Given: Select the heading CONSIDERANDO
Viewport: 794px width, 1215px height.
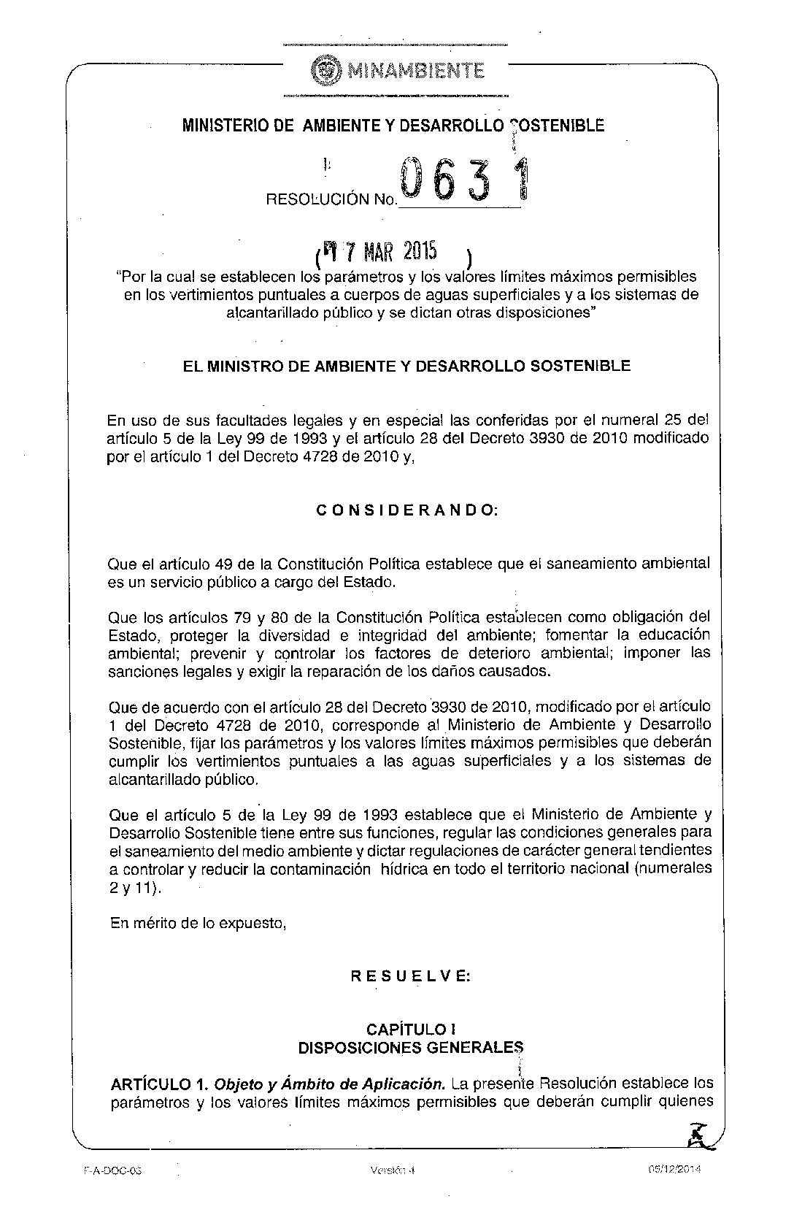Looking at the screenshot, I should [407, 510].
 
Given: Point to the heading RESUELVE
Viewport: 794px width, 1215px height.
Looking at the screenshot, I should [410, 976].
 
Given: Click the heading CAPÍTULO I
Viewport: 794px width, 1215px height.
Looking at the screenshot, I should [411, 1030].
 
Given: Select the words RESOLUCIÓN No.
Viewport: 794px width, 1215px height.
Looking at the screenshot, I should [331, 199].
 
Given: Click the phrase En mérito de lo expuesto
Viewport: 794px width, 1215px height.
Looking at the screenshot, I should [198, 923].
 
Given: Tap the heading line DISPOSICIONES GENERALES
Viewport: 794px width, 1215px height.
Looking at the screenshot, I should [410, 1048].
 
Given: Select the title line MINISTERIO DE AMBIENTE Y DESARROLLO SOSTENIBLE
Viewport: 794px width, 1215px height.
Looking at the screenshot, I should [393, 126].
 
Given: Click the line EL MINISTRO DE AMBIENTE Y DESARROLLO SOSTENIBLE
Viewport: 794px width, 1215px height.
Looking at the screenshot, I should [407, 366].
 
